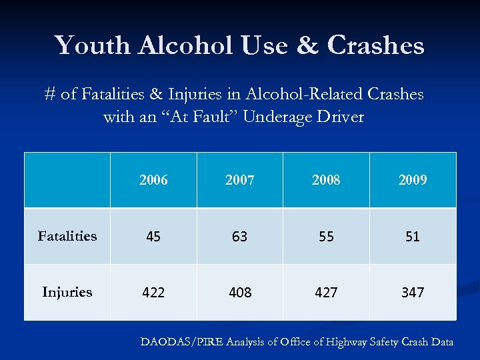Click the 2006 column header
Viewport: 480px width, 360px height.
(x=153, y=180)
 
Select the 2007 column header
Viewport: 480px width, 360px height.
(x=239, y=180)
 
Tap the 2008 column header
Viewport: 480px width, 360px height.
(x=326, y=180)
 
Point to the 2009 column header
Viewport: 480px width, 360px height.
(x=413, y=180)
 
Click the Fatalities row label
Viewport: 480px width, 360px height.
(x=67, y=236)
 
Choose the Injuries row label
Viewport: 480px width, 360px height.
(x=67, y=292)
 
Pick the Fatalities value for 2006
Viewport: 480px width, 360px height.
(x=153, y=237)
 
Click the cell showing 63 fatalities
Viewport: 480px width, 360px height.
(x=239, y=237)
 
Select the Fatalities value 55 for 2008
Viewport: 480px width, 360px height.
(x=326, y=237)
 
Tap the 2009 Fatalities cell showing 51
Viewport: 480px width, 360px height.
(x=413, y=237)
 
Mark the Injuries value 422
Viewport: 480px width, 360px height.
(x=153, y=293)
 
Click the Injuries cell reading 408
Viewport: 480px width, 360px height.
(x=239, y=293)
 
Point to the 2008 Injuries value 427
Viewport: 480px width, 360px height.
(x=326, y=293)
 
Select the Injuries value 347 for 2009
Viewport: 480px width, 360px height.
(x=413, y=293)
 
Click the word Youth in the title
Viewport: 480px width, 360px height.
(x=93, y=45)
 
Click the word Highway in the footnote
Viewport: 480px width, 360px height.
(x=341, y=342)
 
